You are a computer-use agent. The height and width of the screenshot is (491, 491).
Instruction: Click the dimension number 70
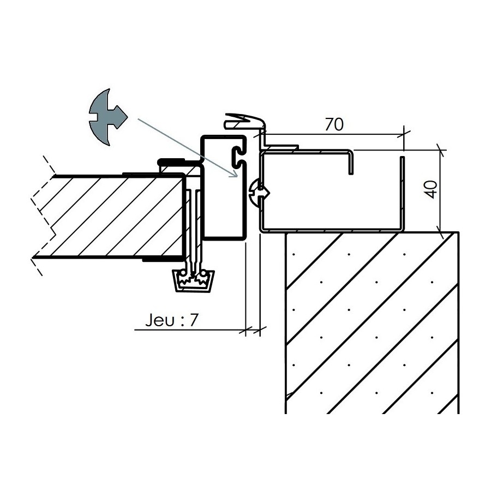click(334, 124)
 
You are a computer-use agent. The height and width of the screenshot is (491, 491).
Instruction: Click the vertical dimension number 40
click(432, 189)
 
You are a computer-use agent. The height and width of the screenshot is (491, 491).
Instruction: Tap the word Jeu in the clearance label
click(159, 320)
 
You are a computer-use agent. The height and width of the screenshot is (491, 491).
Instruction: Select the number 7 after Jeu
click(194, 320)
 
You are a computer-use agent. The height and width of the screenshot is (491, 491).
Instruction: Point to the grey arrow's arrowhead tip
click(238, 177)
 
